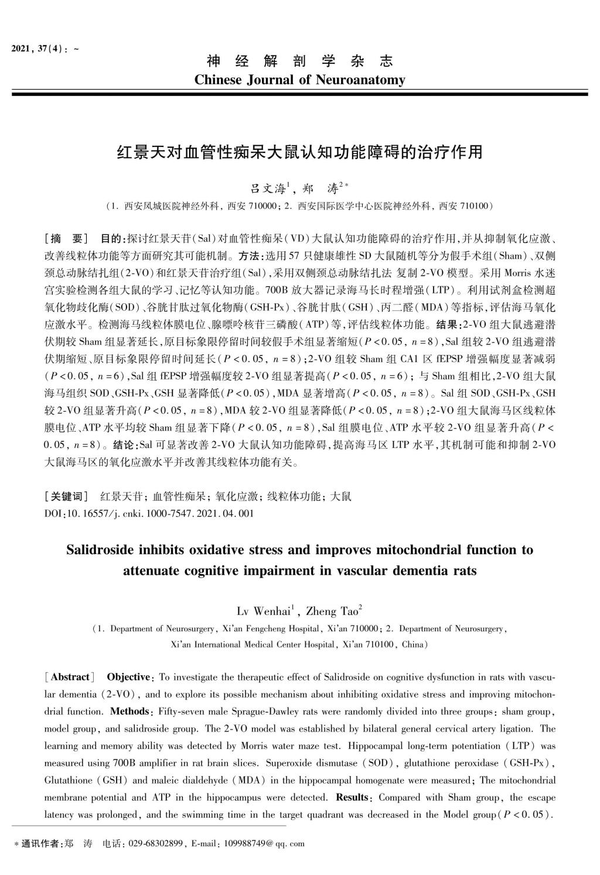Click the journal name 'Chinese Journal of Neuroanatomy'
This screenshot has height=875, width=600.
(299, 80)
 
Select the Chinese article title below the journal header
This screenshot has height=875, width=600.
(299, 152)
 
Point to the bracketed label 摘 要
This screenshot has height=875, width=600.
(67, 239)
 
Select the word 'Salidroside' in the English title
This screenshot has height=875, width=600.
(102, 550)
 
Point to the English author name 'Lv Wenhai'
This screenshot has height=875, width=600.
(262, 612)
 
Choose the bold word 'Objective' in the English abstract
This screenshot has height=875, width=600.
(129, 677)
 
